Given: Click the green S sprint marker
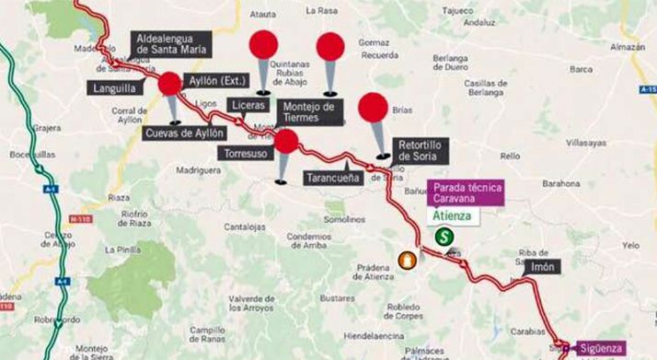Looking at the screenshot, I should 443,237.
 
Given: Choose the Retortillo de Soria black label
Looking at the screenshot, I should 424,150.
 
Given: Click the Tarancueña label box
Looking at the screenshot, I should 332,179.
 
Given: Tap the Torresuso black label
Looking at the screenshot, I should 248,154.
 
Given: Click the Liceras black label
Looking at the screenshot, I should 249,105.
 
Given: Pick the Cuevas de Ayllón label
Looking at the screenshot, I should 185,133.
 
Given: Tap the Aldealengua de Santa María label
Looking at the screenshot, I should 170,44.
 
